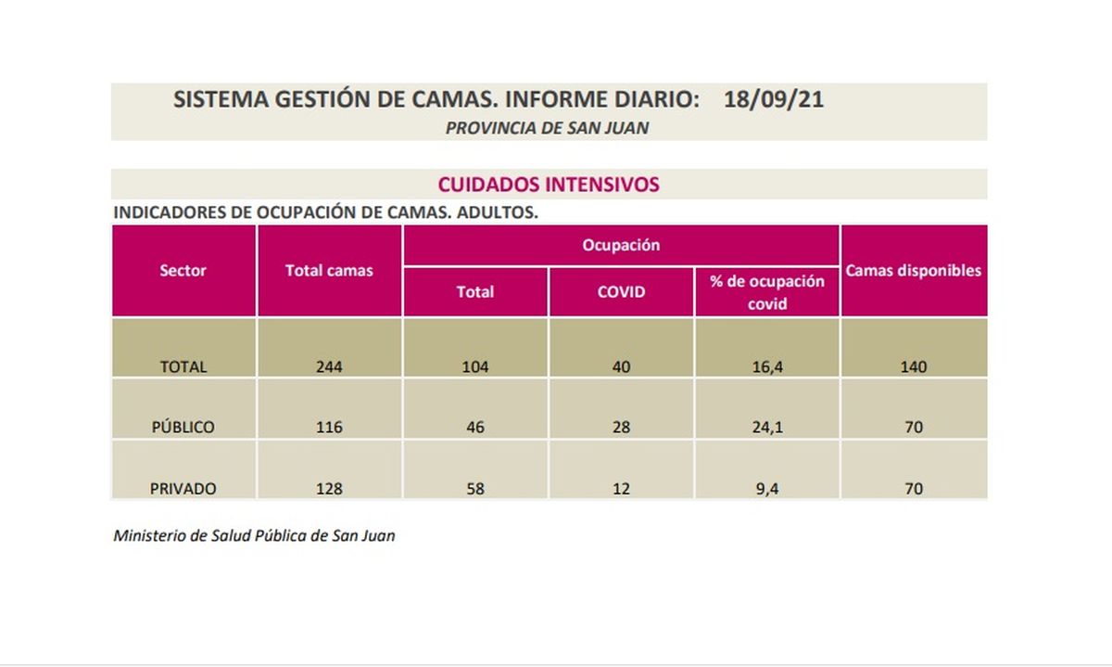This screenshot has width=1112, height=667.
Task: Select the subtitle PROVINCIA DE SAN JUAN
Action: click(x=547, y=129)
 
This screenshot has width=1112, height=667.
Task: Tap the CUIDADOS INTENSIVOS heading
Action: click(x=549, y=184)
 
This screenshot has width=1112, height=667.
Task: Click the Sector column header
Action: click(x=183, y=271)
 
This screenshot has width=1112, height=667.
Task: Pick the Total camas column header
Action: click(x=329, y=271)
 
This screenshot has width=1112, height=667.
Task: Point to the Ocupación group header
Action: click(x=621, y=246)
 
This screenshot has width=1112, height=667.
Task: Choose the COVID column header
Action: click(x=621, y=291)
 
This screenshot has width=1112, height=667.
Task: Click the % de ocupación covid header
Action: click(x=766, y=291)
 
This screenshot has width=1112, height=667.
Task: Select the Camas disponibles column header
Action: click(x=913, y=271)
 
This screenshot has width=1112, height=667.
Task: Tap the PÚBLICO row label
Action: click(x=183, y=428)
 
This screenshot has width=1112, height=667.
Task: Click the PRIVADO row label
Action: click(x=183, y=489)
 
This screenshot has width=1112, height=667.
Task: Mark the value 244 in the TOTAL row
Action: click(x=329, y=366)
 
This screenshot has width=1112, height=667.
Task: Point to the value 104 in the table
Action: click(x=475, y=366)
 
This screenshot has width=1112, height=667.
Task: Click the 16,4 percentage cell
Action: click(x=766, y=366)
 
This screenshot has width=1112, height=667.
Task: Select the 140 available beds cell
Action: click(x=913, y=366)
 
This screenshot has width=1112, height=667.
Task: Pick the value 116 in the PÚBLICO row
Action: click(x=329, y=428)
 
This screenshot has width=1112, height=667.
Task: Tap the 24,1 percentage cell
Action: click(x=766, y=428)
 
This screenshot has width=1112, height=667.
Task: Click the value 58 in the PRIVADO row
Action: click(x=475, y=489)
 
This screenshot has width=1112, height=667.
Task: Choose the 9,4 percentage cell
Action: click(x=766, y=489)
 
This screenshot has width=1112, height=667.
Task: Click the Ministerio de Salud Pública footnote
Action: click(x=254, y=535)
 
